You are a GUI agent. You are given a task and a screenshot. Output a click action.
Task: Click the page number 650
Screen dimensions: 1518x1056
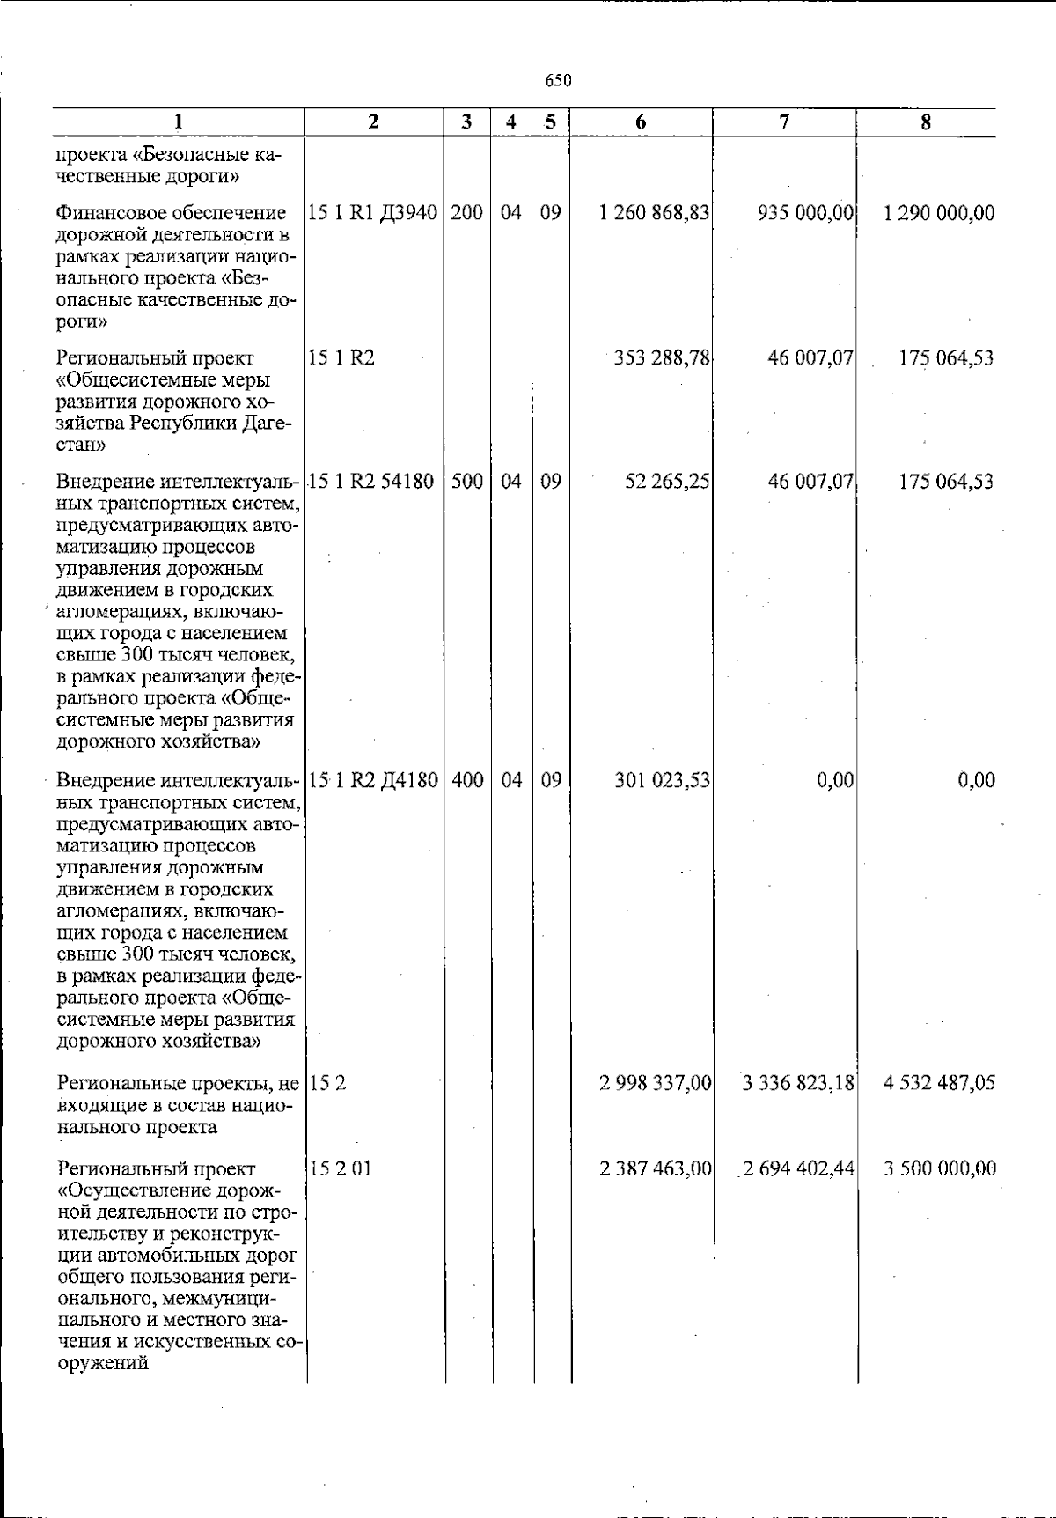click(558, 81)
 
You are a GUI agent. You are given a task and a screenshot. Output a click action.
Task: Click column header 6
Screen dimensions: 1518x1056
click(641, 122)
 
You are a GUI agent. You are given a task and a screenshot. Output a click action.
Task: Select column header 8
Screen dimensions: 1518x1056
click(926, 122)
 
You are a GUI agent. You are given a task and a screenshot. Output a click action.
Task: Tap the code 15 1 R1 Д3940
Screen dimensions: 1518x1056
click(373, 213)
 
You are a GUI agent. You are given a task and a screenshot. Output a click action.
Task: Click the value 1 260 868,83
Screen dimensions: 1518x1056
click(654, 213)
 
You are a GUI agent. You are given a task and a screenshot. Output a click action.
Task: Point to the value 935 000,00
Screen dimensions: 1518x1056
click(805, 213)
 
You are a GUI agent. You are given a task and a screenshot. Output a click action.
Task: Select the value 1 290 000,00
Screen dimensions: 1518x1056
click(939, 213)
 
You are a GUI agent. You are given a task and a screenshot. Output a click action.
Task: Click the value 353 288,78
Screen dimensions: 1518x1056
click(662, 358)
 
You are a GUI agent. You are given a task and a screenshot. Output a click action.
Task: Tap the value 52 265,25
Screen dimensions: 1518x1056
click(667, 482)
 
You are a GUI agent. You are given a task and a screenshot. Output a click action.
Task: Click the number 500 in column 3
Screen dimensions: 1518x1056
click(467, 482)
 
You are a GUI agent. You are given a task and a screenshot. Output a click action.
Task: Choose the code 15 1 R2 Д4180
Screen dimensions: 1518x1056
click(373, 780)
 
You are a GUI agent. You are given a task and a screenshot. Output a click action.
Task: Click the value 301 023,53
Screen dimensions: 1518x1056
click(662, 780)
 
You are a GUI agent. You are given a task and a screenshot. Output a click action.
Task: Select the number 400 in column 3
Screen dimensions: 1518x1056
click(467, 780)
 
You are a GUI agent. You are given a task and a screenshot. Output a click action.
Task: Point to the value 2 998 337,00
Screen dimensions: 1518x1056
click(655, 1083)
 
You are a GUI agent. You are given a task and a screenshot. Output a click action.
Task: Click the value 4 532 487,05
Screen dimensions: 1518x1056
click(939, 1083)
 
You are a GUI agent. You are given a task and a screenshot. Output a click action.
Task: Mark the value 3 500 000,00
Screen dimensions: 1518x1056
click(940, 1169)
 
